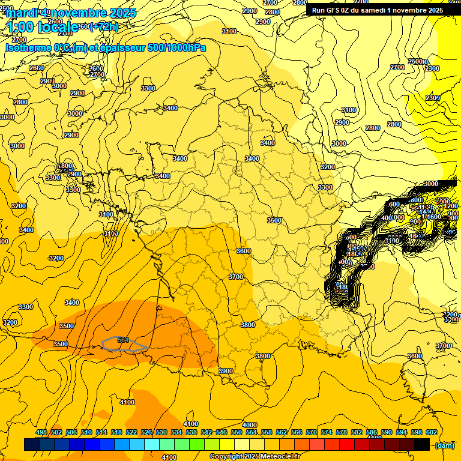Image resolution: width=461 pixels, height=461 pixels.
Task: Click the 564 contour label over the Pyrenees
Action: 124,340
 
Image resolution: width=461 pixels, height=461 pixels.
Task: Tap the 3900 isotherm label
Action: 226,371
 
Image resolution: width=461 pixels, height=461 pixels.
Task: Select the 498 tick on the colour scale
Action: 41,432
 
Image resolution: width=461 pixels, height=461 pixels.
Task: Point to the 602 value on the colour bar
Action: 431,432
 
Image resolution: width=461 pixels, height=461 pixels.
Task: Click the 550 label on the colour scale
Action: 237,432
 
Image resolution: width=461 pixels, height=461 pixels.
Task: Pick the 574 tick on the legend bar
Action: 327,432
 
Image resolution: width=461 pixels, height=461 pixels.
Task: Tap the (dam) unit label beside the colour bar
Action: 444,445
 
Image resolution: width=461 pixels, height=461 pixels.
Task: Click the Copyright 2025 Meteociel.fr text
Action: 255,457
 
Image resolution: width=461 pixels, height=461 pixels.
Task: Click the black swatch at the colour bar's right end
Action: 422,445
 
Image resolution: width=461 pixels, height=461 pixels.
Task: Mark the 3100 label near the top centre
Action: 229,31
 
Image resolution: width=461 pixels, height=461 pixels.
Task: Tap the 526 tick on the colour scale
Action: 146,432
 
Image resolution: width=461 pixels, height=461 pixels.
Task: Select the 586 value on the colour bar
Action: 372,432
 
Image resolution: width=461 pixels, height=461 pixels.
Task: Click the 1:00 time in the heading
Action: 20,27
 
